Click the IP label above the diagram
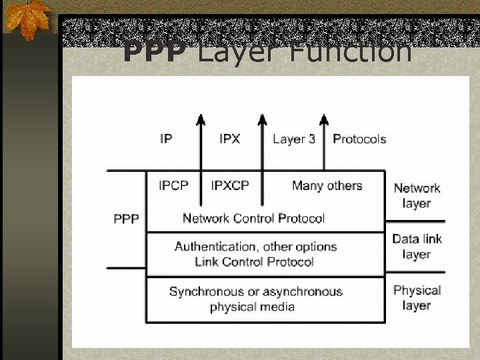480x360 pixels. (x=166, y=139)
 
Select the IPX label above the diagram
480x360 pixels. (x=230, y=139)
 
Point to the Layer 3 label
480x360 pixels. (x=294, y=139)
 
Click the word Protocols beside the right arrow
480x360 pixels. (x=359, y=139)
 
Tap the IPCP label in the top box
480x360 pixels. (x=173, y=185)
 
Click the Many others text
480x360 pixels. (x=327, y=185)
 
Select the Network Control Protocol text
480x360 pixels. (x=253, y=218)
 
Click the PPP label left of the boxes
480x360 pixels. (x=126, y=218)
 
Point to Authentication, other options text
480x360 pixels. (x=255, y=247)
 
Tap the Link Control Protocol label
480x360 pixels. (x=254, y=262)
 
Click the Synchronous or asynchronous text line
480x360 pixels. (x=255, y=291)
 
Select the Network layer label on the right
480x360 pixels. (x=417, y=195)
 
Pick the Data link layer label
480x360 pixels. (x=417, y=246)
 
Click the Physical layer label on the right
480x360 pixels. (x=417, y=297)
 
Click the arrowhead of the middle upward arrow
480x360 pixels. (x=262, y=119)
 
